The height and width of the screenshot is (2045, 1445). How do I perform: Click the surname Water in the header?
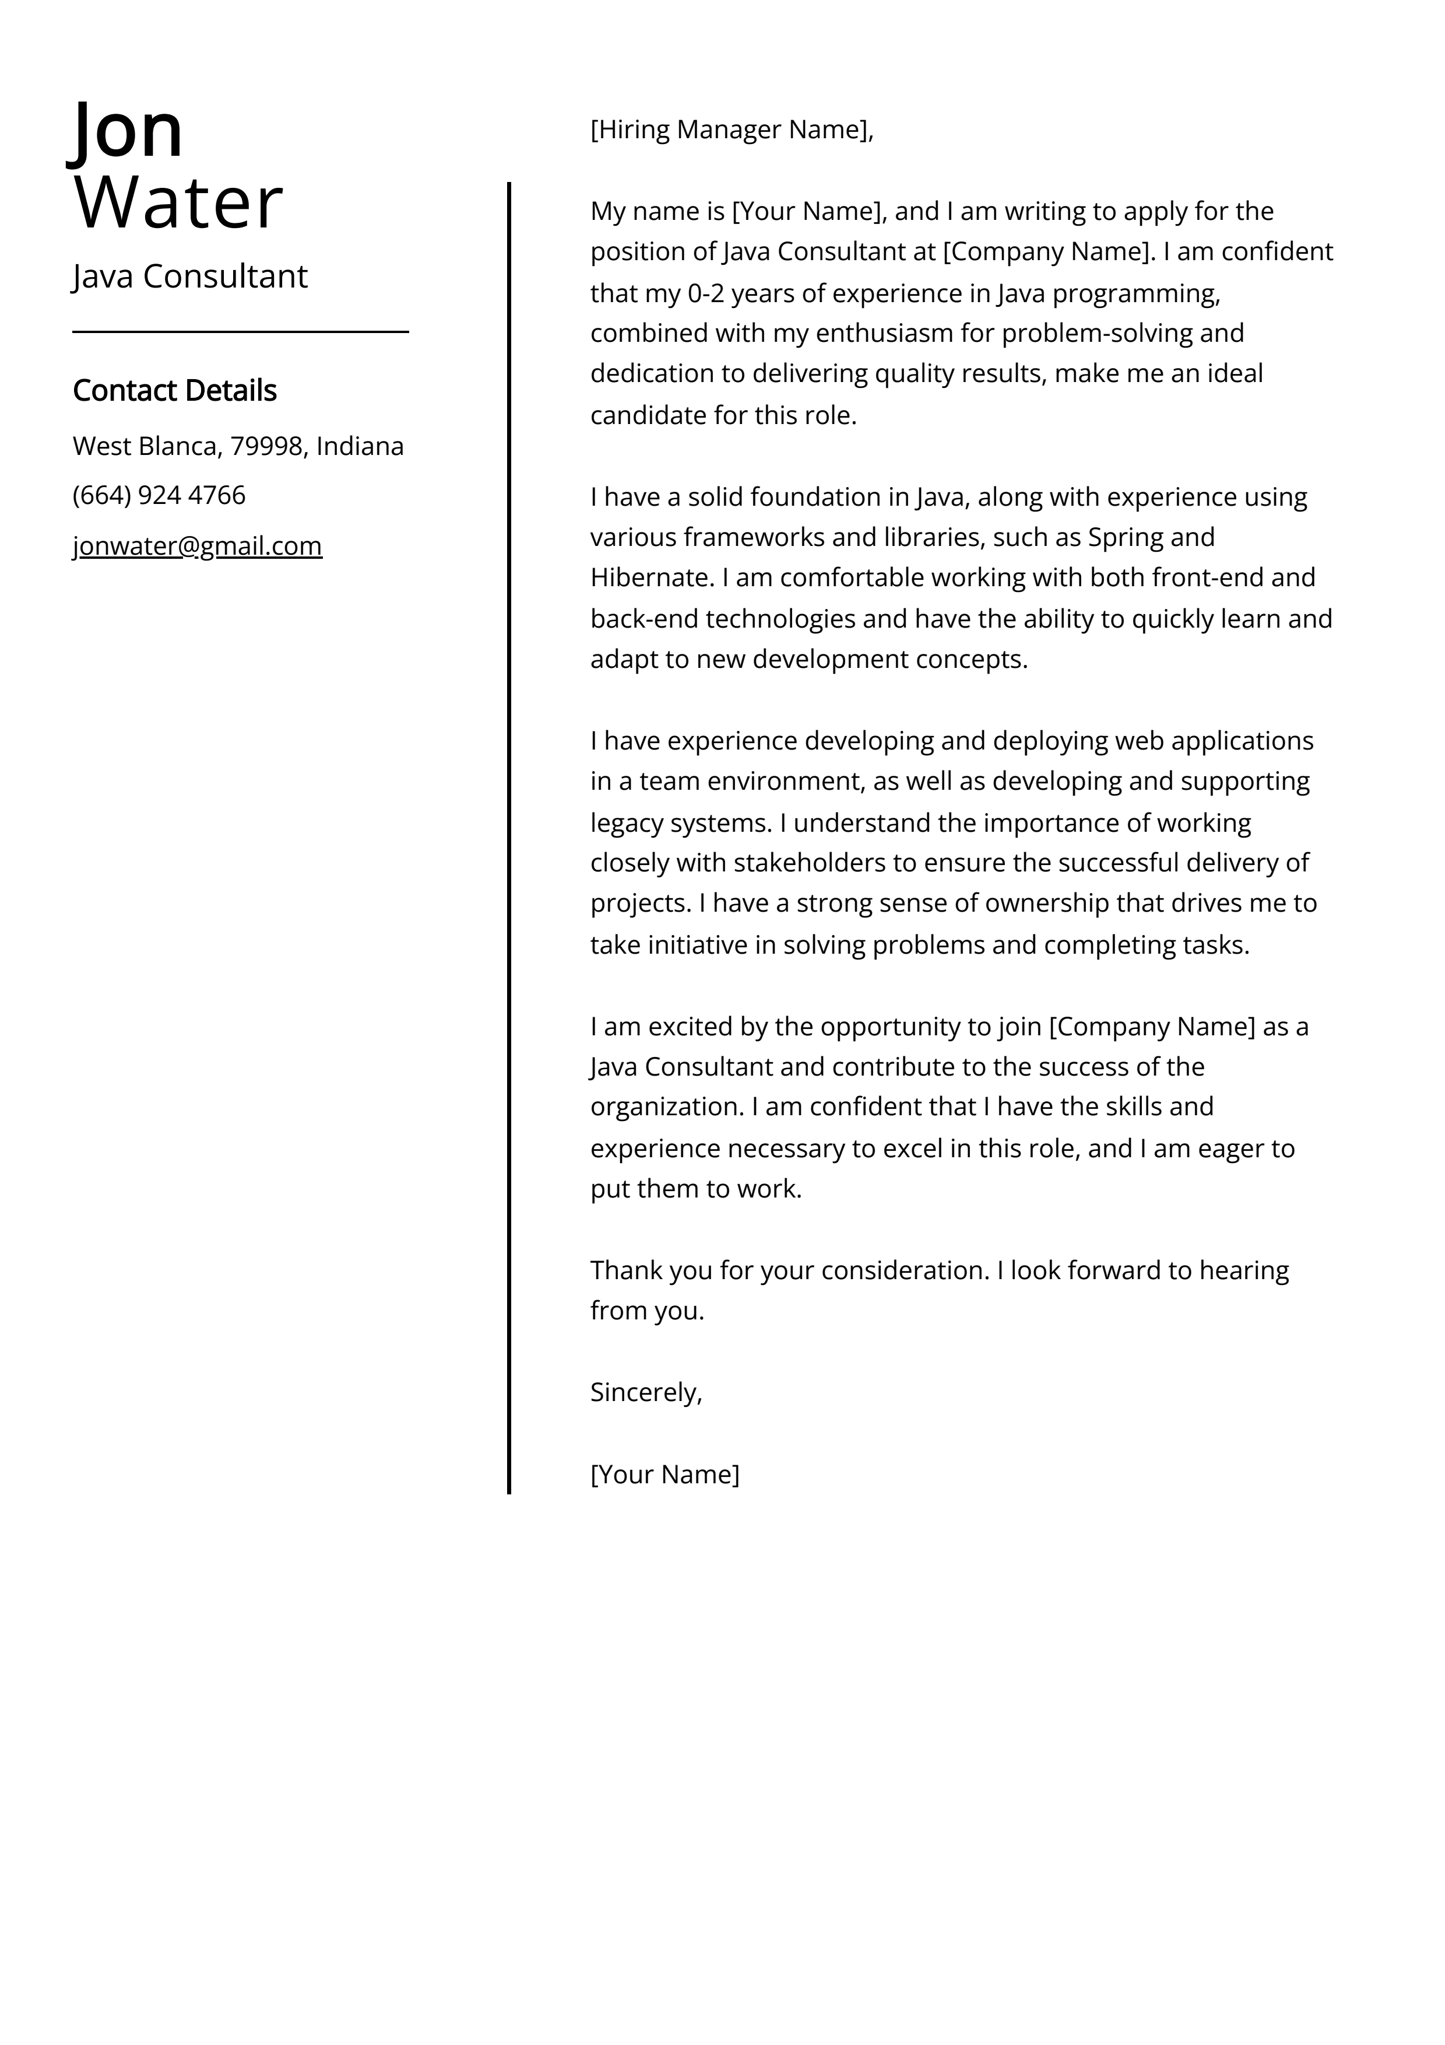tap(178, 203)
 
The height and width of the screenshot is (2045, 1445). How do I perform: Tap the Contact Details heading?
tap(174, 390)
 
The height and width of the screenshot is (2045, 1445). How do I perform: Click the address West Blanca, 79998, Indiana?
tap(238, 446)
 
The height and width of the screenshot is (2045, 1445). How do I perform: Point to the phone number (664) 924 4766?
tap(159, 495)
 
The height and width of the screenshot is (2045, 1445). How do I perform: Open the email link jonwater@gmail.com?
tap(197, 545)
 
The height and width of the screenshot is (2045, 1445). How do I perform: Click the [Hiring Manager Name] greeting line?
tap(731, 130)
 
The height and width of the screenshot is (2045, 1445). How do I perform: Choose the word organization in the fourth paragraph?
tap(666, 1107)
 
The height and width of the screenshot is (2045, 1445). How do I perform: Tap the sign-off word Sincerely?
tap(645, 1392)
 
